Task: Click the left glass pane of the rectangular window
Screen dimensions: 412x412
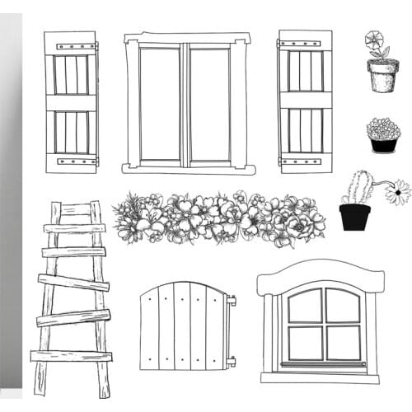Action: tap(159, 103)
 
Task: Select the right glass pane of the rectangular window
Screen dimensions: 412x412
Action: tap(210, 103)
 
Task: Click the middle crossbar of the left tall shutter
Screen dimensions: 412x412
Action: tap(70, 103)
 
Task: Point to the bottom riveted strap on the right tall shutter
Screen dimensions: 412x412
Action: tap(304, 161)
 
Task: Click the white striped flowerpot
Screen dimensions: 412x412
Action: tap(382, 77)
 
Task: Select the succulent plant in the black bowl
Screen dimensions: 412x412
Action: tap(383, 129)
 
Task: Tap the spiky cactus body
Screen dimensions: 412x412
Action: tap(358, 188)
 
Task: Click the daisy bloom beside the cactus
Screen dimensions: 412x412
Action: tap(397, 192)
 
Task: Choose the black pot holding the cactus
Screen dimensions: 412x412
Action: tap(354, 217)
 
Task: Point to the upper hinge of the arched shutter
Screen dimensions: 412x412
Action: tap(231, 301)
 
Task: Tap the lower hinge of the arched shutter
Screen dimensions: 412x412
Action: tap(231, 361)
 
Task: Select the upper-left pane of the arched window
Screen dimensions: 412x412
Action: tap(304, 307)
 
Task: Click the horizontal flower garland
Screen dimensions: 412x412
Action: tap(218, 218)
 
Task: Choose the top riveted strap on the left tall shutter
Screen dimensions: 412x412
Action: tap(70, 45)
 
